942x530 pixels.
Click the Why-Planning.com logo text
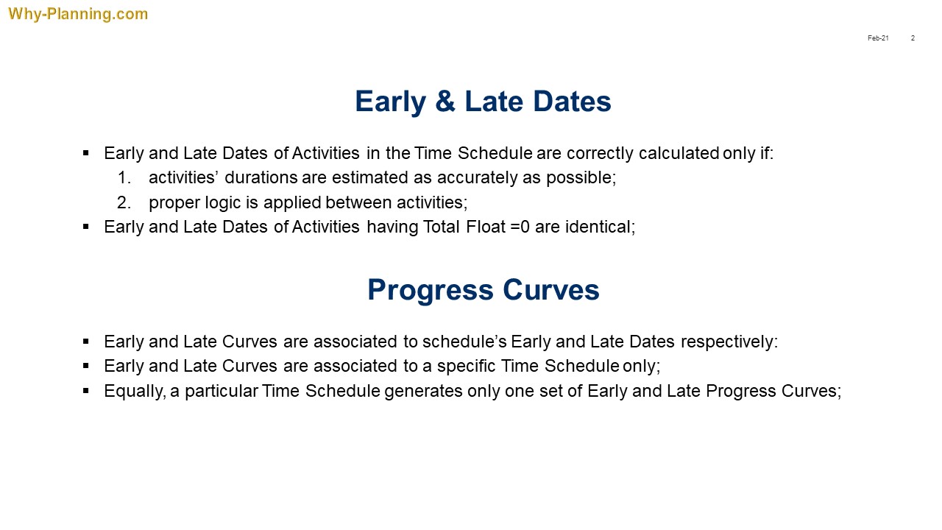(x=78, y=14)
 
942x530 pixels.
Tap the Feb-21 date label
(x=878, y=38)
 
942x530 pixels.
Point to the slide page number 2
(x=913, y=38)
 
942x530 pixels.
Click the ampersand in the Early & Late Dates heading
(x=445, y=102)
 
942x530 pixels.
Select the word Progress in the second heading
(x=431, y=290)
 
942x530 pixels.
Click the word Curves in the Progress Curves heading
(x=551, y=290)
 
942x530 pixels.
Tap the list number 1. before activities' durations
(x=124, y=177)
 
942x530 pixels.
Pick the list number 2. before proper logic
(x=124, y=202)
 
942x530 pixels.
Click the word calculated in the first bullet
(x=679, y=153)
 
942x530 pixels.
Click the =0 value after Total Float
(x=520, y=227)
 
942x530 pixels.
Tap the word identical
(x=600, y=227)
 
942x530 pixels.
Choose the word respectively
(x=729, y=342)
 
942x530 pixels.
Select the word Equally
(x=135, y=392)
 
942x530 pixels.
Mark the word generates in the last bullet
(x=423, y=392)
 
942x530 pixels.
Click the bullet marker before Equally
(x=86, y=391)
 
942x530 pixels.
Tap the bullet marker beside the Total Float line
(x=86, y=227)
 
